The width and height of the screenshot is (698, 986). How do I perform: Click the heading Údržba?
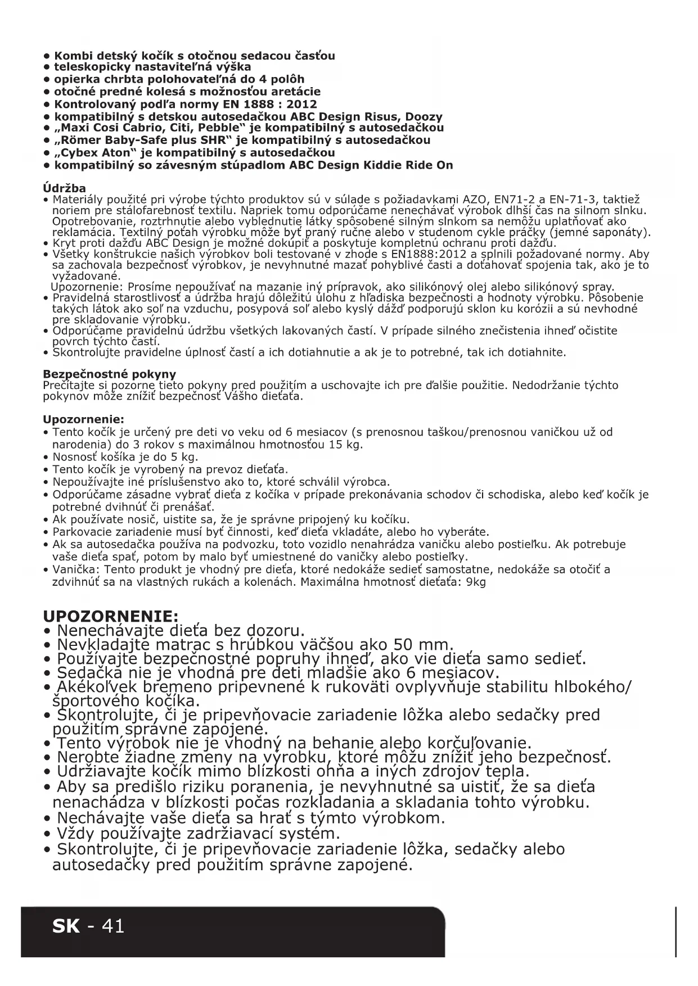pyautogui.click(x=65, y=188)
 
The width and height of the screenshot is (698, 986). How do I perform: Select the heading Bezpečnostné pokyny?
pyautogui.click(x=110, y=374)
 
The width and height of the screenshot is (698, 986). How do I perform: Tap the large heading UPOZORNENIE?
pyautogui.click(x=111, y=615)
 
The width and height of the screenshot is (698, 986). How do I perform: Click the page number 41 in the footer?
pyautogui.click(x=112, y=926)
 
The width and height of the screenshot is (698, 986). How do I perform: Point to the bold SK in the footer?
pyautogui.click(x=66, y=926)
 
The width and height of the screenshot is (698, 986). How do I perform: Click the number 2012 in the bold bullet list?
pyautogui.click(x=301, y=105)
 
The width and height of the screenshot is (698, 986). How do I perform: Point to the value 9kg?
pyautogui.click(x=475, y=582)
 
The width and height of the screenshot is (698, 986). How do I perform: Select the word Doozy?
pyautogui.click(x=424, y=117)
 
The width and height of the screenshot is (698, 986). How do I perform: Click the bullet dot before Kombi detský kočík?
pyautogui.click(x=47, y=56)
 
